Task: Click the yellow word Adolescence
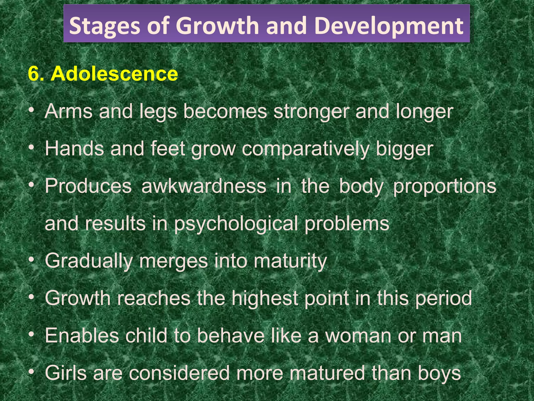tap(114, 74)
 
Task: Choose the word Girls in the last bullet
tap(66, 373)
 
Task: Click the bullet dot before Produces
tap(32, 185)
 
